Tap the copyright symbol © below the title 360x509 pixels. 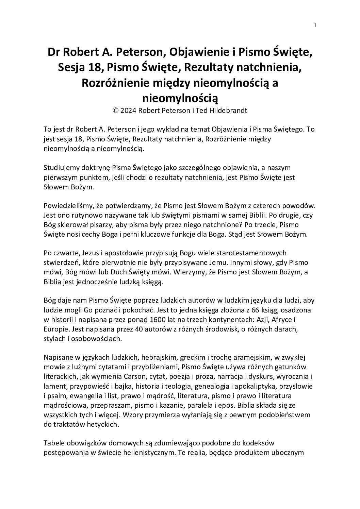116,111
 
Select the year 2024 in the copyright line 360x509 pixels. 129,111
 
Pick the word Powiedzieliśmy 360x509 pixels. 66,206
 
